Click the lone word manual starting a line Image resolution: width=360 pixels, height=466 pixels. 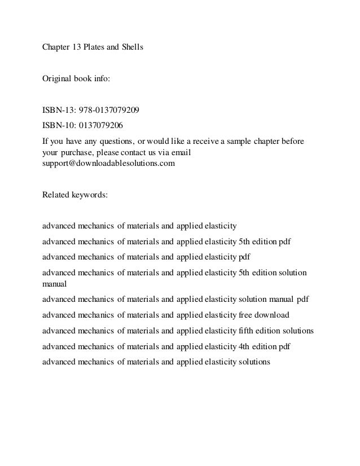pyautogui.click(x=55, y=284)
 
